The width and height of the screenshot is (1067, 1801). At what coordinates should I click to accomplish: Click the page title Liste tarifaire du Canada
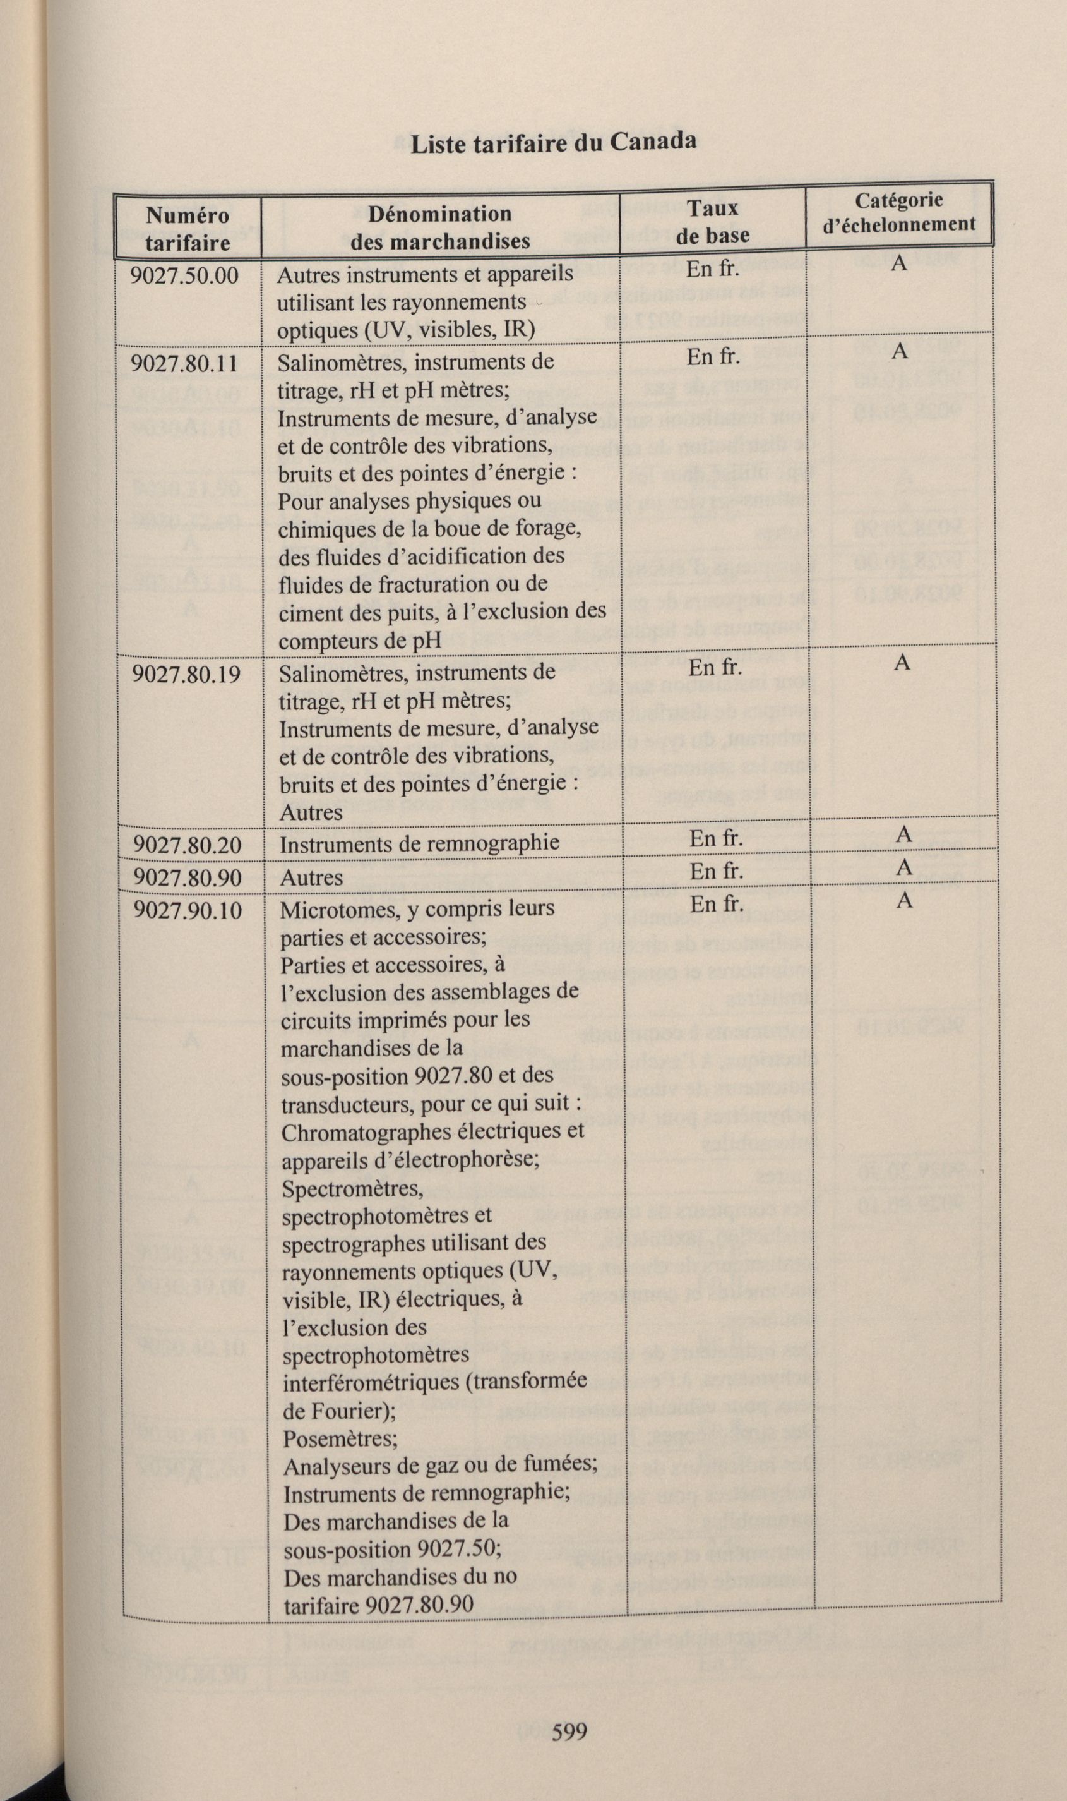(553, 142)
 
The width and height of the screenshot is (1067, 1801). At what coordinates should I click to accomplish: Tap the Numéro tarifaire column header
(188, 229)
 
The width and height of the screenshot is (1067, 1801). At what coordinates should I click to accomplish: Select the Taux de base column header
(712, 222)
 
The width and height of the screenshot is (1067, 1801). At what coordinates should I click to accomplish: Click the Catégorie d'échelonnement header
(899, 212)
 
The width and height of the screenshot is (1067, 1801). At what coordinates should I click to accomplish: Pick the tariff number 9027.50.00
(185, 275)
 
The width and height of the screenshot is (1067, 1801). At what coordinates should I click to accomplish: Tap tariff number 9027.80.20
(188, 845)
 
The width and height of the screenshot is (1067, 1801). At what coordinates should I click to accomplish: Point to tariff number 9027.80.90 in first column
(188, 877)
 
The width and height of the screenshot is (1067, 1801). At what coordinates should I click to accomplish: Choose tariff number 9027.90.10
(188, 910)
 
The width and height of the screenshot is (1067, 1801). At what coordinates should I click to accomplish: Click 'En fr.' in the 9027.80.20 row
(715, 839)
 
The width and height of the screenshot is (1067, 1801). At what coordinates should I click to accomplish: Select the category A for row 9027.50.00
(898, 263)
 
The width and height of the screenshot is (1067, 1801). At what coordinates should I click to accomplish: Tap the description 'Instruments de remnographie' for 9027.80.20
(419, 843)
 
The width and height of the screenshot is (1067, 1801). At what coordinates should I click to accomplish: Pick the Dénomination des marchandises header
(440, 227)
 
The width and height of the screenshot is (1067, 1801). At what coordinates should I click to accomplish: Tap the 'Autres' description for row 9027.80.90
(311, 877)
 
